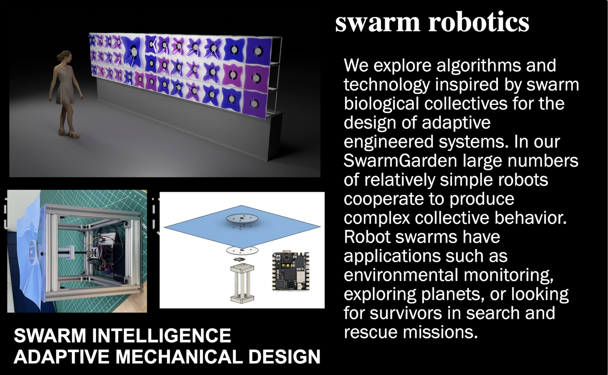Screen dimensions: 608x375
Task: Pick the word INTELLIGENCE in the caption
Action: pyautogui.click(x=161, y=335)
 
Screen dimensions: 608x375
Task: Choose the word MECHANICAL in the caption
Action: pyautogui.click(x=179, y=356)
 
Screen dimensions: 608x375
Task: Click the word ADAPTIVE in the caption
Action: pyautogui.click(x=62, y=356)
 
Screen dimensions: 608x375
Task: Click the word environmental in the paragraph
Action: pyautogui.click(x=401, y=275)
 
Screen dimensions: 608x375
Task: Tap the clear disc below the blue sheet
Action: pyautogui.click(x=242, y=250)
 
